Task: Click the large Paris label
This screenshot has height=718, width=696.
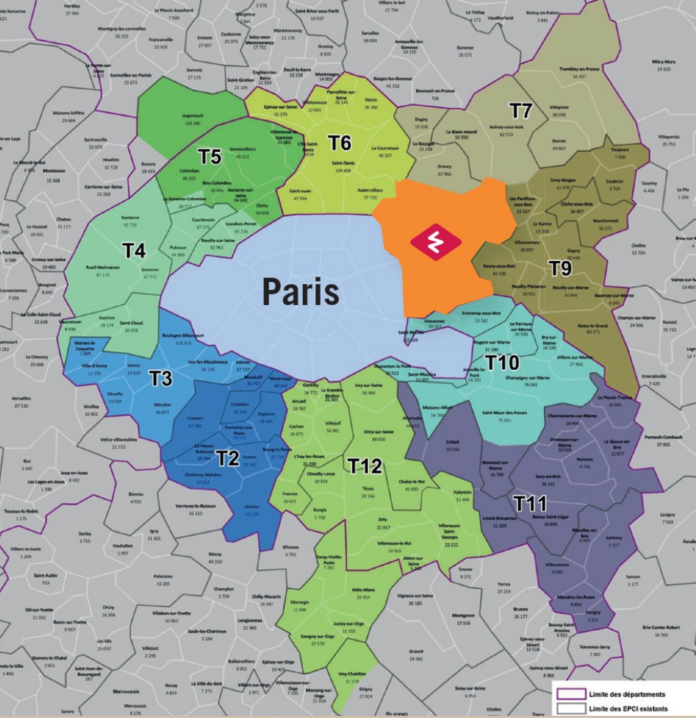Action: (301, 293)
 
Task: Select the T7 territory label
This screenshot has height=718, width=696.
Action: (521, 111)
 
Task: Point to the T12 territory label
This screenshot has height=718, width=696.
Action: (365, 466)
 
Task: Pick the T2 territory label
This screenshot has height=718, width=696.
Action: (228, 457)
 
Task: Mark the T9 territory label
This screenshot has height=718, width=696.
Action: (561, 267)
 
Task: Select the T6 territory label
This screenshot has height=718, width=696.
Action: (339, 143)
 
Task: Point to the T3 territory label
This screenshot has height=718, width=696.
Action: (161, 377)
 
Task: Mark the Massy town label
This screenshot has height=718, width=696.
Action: (215, 554)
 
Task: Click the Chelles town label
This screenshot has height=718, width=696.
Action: (637, 245)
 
